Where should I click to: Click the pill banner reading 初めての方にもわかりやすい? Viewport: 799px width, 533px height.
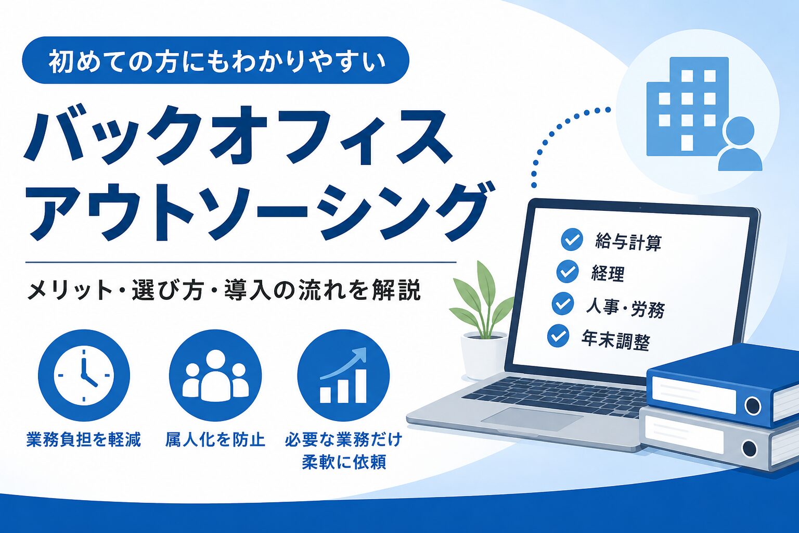(215, 60)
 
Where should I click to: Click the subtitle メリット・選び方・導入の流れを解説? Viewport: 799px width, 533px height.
(224, 291)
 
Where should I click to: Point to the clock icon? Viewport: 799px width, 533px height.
(84, 376)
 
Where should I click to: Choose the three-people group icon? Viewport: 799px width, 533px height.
(215, 376)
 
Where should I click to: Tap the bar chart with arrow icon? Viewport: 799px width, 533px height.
(343, 376)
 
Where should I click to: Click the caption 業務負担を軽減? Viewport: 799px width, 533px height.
(84, 440)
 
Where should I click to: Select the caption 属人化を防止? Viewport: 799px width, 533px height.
(215, 440)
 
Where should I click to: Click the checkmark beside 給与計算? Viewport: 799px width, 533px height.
(572, 239)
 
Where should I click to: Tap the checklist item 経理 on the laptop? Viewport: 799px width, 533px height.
(608, 274)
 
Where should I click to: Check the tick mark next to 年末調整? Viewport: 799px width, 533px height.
(558, 336)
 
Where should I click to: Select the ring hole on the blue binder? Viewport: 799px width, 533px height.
(753, 405)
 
